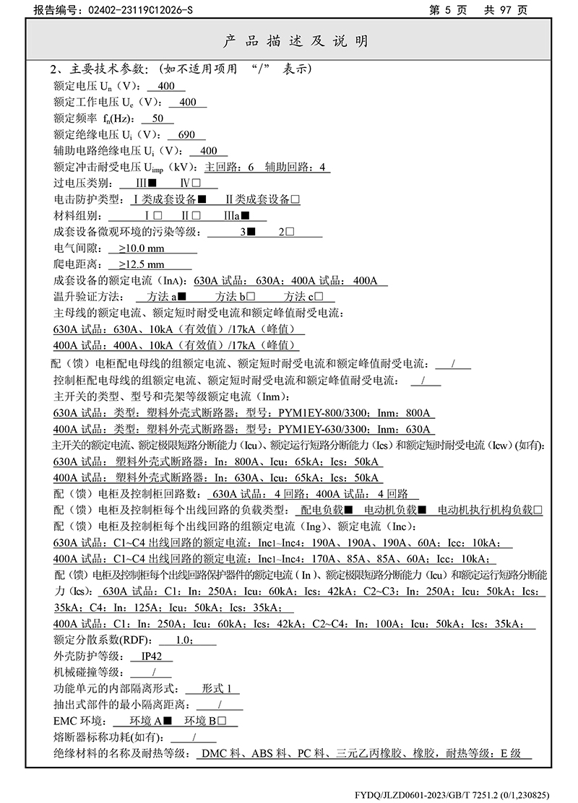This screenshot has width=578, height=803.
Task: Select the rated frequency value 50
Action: point(158,118)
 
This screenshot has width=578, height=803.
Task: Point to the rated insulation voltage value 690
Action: point(186,135)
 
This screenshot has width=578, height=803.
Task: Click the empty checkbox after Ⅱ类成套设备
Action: point(295,200)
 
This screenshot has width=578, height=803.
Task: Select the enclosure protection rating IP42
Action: point(152,656)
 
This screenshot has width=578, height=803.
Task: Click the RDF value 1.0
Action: point(184,640)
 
